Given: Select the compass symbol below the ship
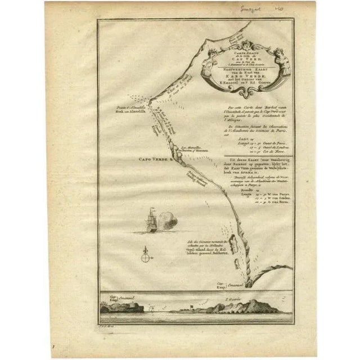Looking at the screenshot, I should [x=146, y=254].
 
